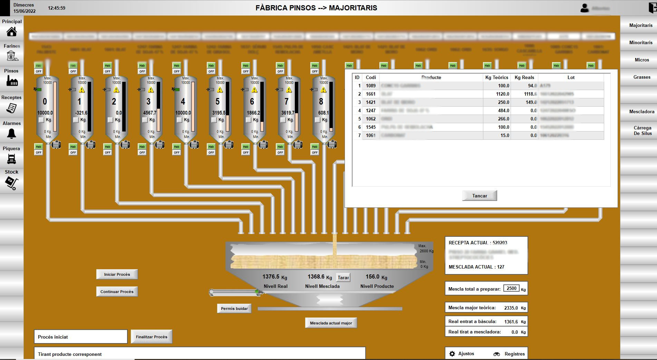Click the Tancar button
[x=480, y=196]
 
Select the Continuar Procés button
[x=117, y=292]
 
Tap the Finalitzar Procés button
[x=151, y=337]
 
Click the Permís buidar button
[x=234, y=309]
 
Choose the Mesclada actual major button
[x=331, y=323]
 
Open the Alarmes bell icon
[x=11, y=133]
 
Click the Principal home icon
[x=12, y=32]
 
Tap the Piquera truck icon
[x=11, y=159]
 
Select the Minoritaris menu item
[x=641, y=42]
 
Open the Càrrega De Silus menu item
[x=642, y=130]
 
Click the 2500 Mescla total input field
[x=511, y=289]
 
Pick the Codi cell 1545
[x=370, y=127]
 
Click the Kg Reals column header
[x=524, y=77]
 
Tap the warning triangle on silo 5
[x=220, y=90]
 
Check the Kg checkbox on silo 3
[x=145, y=120]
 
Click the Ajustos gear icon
[x=452, y=354]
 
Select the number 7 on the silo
[x=286, y=101]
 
